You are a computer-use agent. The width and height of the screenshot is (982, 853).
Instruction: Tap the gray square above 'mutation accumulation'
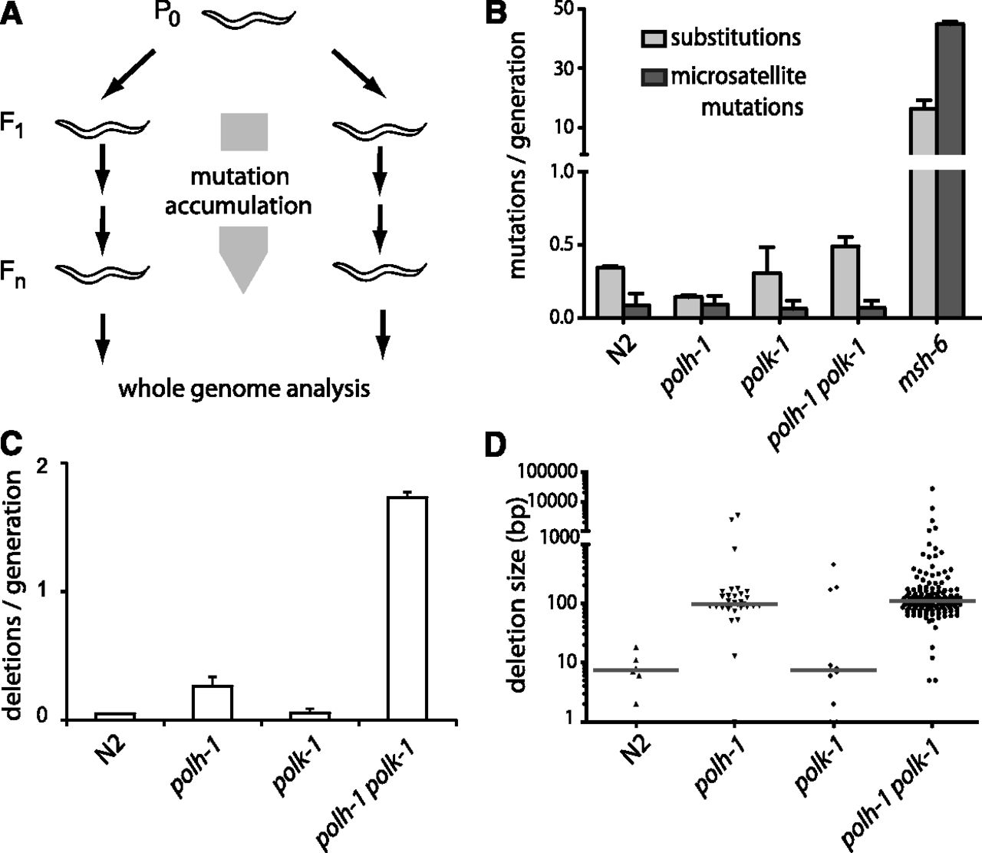tap(243, 131)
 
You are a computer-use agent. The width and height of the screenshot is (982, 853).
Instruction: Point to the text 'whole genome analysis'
tap(243, 389)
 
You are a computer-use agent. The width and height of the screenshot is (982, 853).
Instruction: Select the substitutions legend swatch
tap(654, 38)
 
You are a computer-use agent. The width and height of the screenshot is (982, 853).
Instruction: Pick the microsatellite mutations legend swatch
tap(654, 77)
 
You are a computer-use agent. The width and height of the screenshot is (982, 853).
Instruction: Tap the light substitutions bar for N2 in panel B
tap(610, 292)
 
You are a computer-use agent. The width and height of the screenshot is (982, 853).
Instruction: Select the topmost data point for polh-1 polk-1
tap(932, 488)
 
